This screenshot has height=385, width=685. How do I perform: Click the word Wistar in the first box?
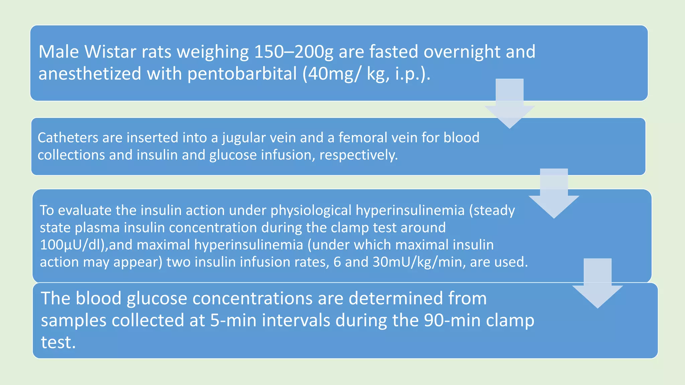click(x=110, y=52)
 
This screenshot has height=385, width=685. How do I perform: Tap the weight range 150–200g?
click(x=293, y=52)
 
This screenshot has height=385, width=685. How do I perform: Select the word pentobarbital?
click(x=242, y=74)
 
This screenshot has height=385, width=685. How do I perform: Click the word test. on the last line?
click(x=58, y=342)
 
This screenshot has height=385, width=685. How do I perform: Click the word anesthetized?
click(x=90, y=74)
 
